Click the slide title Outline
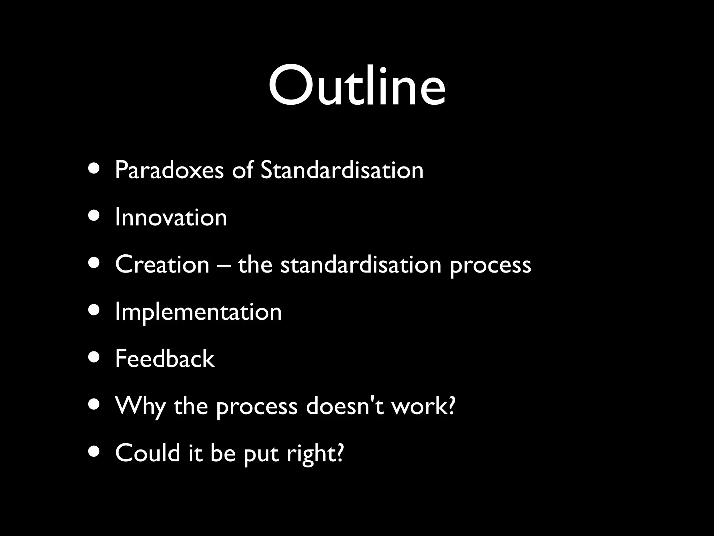[357, 85]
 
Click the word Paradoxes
[169, 170]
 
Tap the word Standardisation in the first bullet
[342, 170]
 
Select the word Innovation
[171, 217]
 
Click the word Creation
[162, 264]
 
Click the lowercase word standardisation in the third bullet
[361, 264]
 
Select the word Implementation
[198, 312]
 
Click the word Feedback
[165, 359]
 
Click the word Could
[147, 453]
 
